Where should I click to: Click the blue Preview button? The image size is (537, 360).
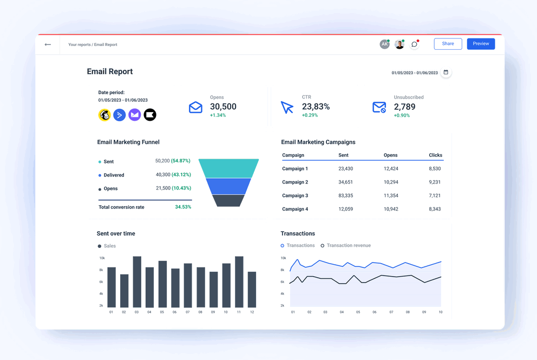click(481, 44)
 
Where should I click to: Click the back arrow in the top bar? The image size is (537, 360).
click(48, 44)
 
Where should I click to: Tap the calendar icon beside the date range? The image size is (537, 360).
click(446, 73)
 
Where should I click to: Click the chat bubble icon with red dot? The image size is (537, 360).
click(414, 44)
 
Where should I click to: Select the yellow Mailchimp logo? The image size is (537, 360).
click(104, 115)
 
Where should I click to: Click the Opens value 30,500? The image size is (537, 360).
click(223, 107)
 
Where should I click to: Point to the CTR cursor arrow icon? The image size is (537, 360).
click(287, 107)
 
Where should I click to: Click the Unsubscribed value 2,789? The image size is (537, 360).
click(404, 107)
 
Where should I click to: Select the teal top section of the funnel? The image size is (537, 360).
click(228, 168)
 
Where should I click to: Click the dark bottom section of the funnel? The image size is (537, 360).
click(228, 200)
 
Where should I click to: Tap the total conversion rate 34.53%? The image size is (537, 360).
click(182, 207)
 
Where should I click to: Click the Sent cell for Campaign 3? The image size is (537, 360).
click(345, 195)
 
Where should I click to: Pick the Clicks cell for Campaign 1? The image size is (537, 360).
click(435, 169)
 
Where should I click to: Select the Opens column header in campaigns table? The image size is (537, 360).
click(390, 155)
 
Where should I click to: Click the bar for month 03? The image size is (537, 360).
click(137, 282)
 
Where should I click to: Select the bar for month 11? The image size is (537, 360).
click(239, 282)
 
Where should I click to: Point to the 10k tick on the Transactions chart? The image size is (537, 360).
click(282, 258)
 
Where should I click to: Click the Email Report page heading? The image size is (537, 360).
click(110, 71)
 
